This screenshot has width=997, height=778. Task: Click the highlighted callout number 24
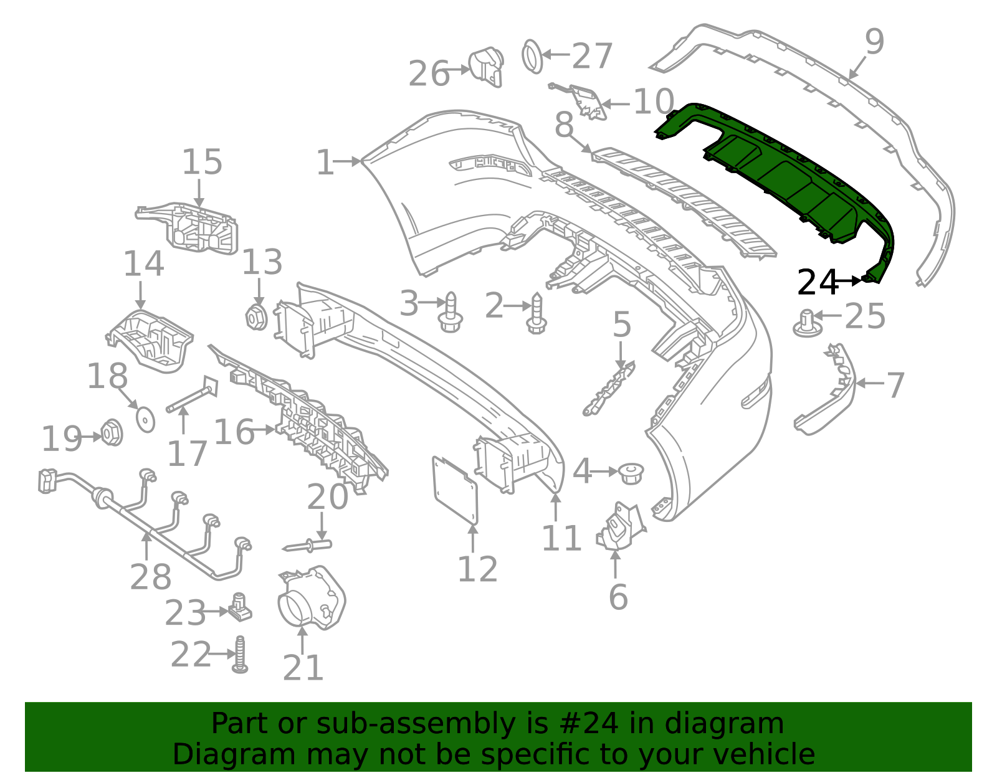click(x=818, y=283)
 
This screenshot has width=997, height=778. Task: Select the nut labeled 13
click(x=257, y=317)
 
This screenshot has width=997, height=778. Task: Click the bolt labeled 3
click(x=451, y=313)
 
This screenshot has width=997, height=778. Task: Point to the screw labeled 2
click(x=536, y=315)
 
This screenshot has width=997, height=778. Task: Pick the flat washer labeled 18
click(x=145, y=419)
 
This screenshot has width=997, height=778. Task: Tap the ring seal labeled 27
click(x=532, y=56)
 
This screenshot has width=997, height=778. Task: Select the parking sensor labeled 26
click(x=485, y=65)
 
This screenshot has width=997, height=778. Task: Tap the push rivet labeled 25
click(x=807, y=323)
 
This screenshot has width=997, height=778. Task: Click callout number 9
click(x=874, y=42)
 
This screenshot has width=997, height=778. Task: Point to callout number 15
click(x=202, y=162)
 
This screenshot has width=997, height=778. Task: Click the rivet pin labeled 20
click(x=308, y=546)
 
